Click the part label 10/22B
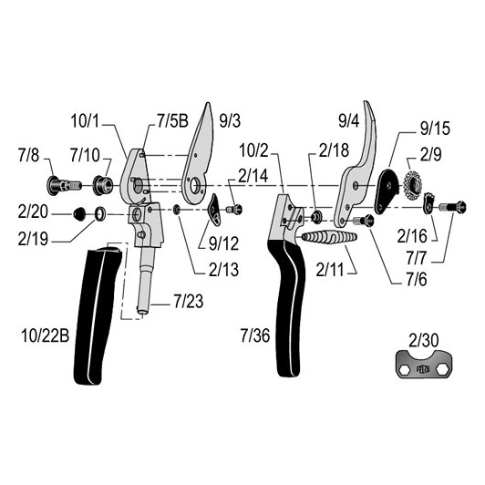[x=46, y=335]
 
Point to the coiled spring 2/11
[x=329, y=238]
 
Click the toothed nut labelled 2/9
[x=413, y=185]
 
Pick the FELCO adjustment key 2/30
[x=423, y=365]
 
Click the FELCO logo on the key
[x=423, y=369]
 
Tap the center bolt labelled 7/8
[x=64, y=185]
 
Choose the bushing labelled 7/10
[x=103, y=185]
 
